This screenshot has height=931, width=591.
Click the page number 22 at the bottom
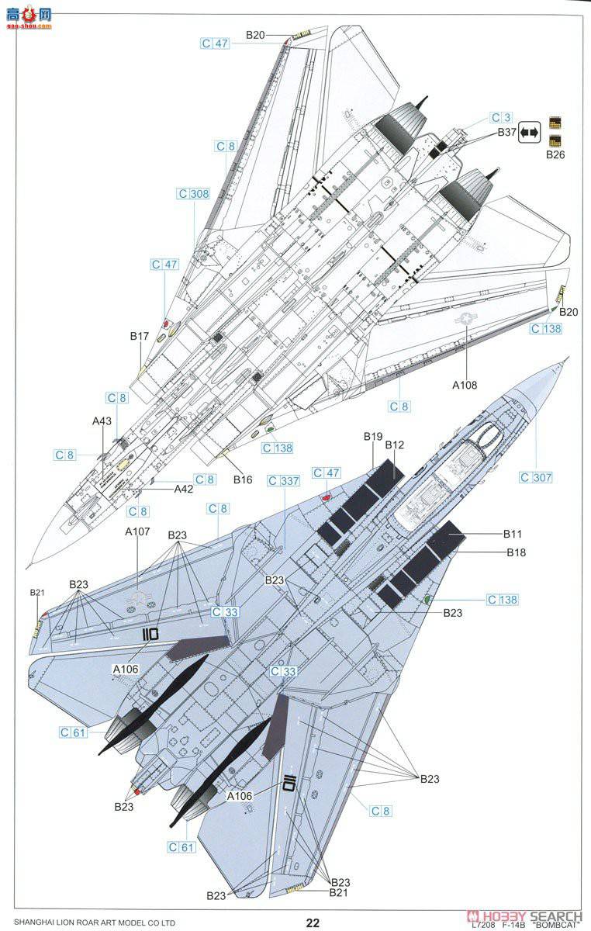pyautogui.click(x=312, y=922)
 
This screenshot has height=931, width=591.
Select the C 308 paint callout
pyautogui.click(x=193, y=194)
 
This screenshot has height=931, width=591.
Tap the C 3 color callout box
pyautogui.click(x=501, y=118)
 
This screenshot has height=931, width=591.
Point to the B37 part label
pyautogui.click(x=507, y=133)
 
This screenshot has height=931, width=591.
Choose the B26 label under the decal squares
pyautogui.click(x=555, y=155)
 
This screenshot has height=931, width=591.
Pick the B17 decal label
pyautogui.click(x=140, y=337)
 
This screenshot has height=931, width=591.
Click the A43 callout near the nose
pyautogui.click(x=102, y=421)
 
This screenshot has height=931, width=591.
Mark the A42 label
pyautogui.click(x=183, y=489)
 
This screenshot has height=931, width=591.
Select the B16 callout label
pyautogui.click(x=243, y=479)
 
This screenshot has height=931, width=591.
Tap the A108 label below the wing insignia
pyautogui.click(x=466, y=385)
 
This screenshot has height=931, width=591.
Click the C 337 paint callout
pyautogui.click(x=283, y=481)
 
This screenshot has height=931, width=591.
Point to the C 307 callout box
pyautogui.click(x=536, y=478)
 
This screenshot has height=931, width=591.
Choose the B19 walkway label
pyautogui.click(x=374, y=437)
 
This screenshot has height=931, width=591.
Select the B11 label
pyautogui.click(x=513, y=534)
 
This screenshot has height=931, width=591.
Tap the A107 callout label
pyautogui.click(x=137, y=531)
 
